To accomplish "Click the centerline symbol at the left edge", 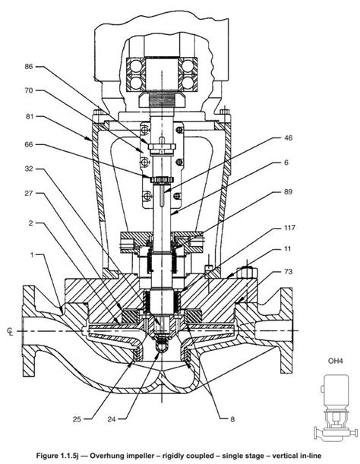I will click(9, 331).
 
